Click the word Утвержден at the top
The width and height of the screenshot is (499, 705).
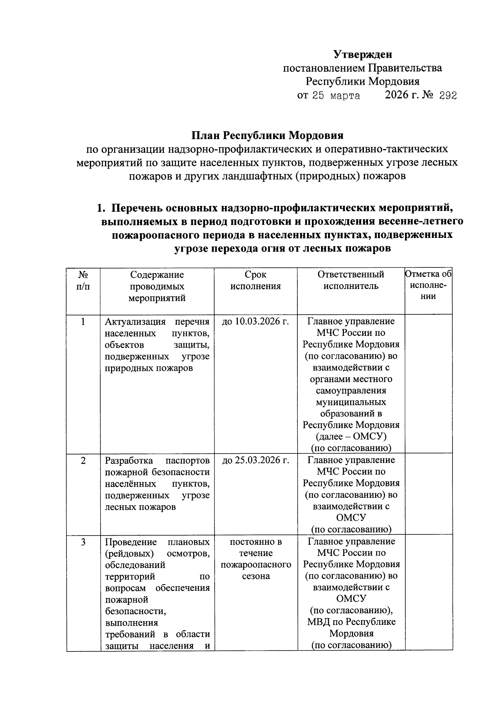[363, 54]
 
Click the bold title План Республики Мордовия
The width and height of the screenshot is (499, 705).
[267, 136]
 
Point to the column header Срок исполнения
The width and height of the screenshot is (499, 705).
[255, 280]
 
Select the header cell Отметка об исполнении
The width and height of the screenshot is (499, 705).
[428, 285]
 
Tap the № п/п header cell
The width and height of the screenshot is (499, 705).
[83, 280]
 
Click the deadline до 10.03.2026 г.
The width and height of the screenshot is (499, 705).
[255, 321]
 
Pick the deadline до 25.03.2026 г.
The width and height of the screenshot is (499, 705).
[255, 460]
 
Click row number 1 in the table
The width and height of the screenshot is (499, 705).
[83, 321]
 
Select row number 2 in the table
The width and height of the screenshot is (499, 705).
[83, 460]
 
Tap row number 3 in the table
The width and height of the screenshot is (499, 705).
[83, 542]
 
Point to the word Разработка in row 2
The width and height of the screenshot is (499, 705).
[128, 460]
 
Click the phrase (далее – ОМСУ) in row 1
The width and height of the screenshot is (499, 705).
[351, 436]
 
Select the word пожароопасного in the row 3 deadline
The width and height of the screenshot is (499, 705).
[255, 565]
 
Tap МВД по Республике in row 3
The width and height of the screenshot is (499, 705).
[351, 622]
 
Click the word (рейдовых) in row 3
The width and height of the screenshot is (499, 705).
[129, 553]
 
